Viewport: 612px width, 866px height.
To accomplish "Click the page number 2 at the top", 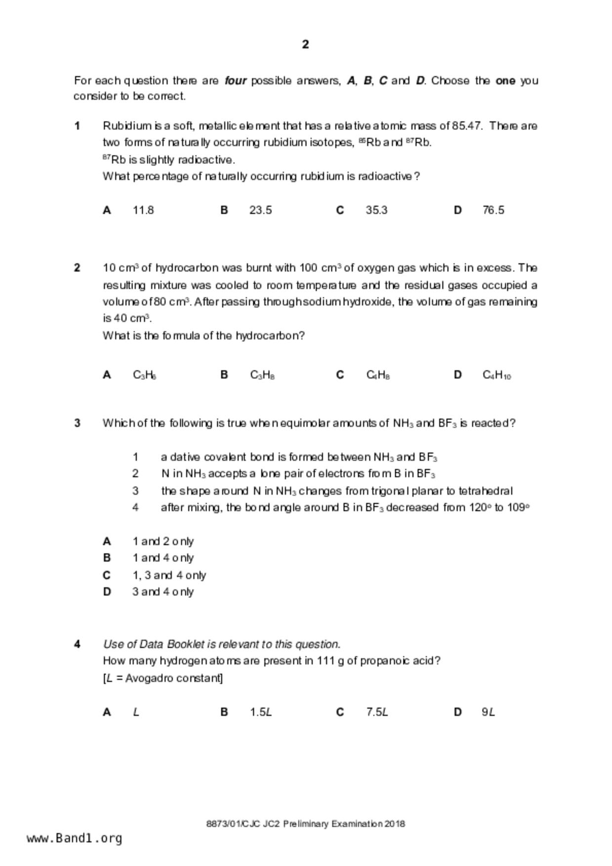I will (305, 44).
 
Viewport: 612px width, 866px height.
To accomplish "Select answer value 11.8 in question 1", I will (143, 210).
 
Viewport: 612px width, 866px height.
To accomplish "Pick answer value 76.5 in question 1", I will (493, 210).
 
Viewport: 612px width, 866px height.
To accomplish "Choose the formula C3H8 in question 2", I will (262, 375).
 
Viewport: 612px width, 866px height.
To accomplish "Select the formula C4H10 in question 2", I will (496, 375).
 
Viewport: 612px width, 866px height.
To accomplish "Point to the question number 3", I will (77, 423).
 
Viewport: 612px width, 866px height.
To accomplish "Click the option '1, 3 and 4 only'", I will (169, 575).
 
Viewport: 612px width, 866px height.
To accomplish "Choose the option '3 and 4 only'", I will (163, 592).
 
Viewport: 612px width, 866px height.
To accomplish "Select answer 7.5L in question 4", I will (377, 712).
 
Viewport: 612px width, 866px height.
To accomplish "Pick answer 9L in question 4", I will (488, 712).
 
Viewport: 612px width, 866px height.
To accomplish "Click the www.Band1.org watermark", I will (75, 838).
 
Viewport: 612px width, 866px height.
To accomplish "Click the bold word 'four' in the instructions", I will (236, 80).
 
